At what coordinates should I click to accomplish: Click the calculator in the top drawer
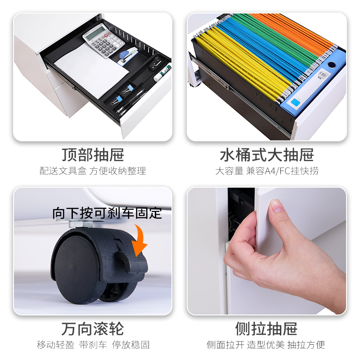104,40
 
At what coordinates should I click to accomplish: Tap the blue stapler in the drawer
128,56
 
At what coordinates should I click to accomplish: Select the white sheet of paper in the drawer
92,69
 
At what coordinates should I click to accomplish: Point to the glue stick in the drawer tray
162,73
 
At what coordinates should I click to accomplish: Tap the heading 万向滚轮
93,328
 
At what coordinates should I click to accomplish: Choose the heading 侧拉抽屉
266,328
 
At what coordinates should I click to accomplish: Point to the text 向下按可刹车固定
107,213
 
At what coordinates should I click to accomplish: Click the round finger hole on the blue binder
331,64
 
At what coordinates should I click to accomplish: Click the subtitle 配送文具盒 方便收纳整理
93,171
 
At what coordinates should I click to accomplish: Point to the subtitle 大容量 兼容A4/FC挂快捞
267,171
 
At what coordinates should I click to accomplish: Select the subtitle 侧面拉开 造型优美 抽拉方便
266,345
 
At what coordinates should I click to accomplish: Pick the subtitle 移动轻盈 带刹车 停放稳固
93,345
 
